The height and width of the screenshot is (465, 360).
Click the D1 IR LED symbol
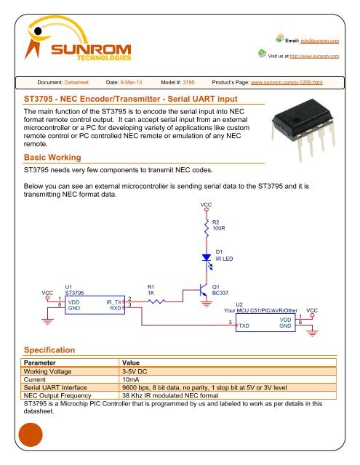pyautogui.click(x=207, y=256)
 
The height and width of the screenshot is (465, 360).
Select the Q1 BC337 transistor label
pyautogui.click(x=220, y=290)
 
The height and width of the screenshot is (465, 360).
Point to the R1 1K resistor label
pyautogui.click(x=151, y=290)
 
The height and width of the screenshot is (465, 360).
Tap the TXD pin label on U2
pyautogui.click(x=246, y=326)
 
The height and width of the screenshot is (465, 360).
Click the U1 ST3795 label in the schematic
pyautogui.click(x=74, y=290)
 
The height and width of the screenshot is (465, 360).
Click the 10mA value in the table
pyautogui.click(x=131, y=379)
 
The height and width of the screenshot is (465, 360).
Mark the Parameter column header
pyautogui.click(x=41, y=362)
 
